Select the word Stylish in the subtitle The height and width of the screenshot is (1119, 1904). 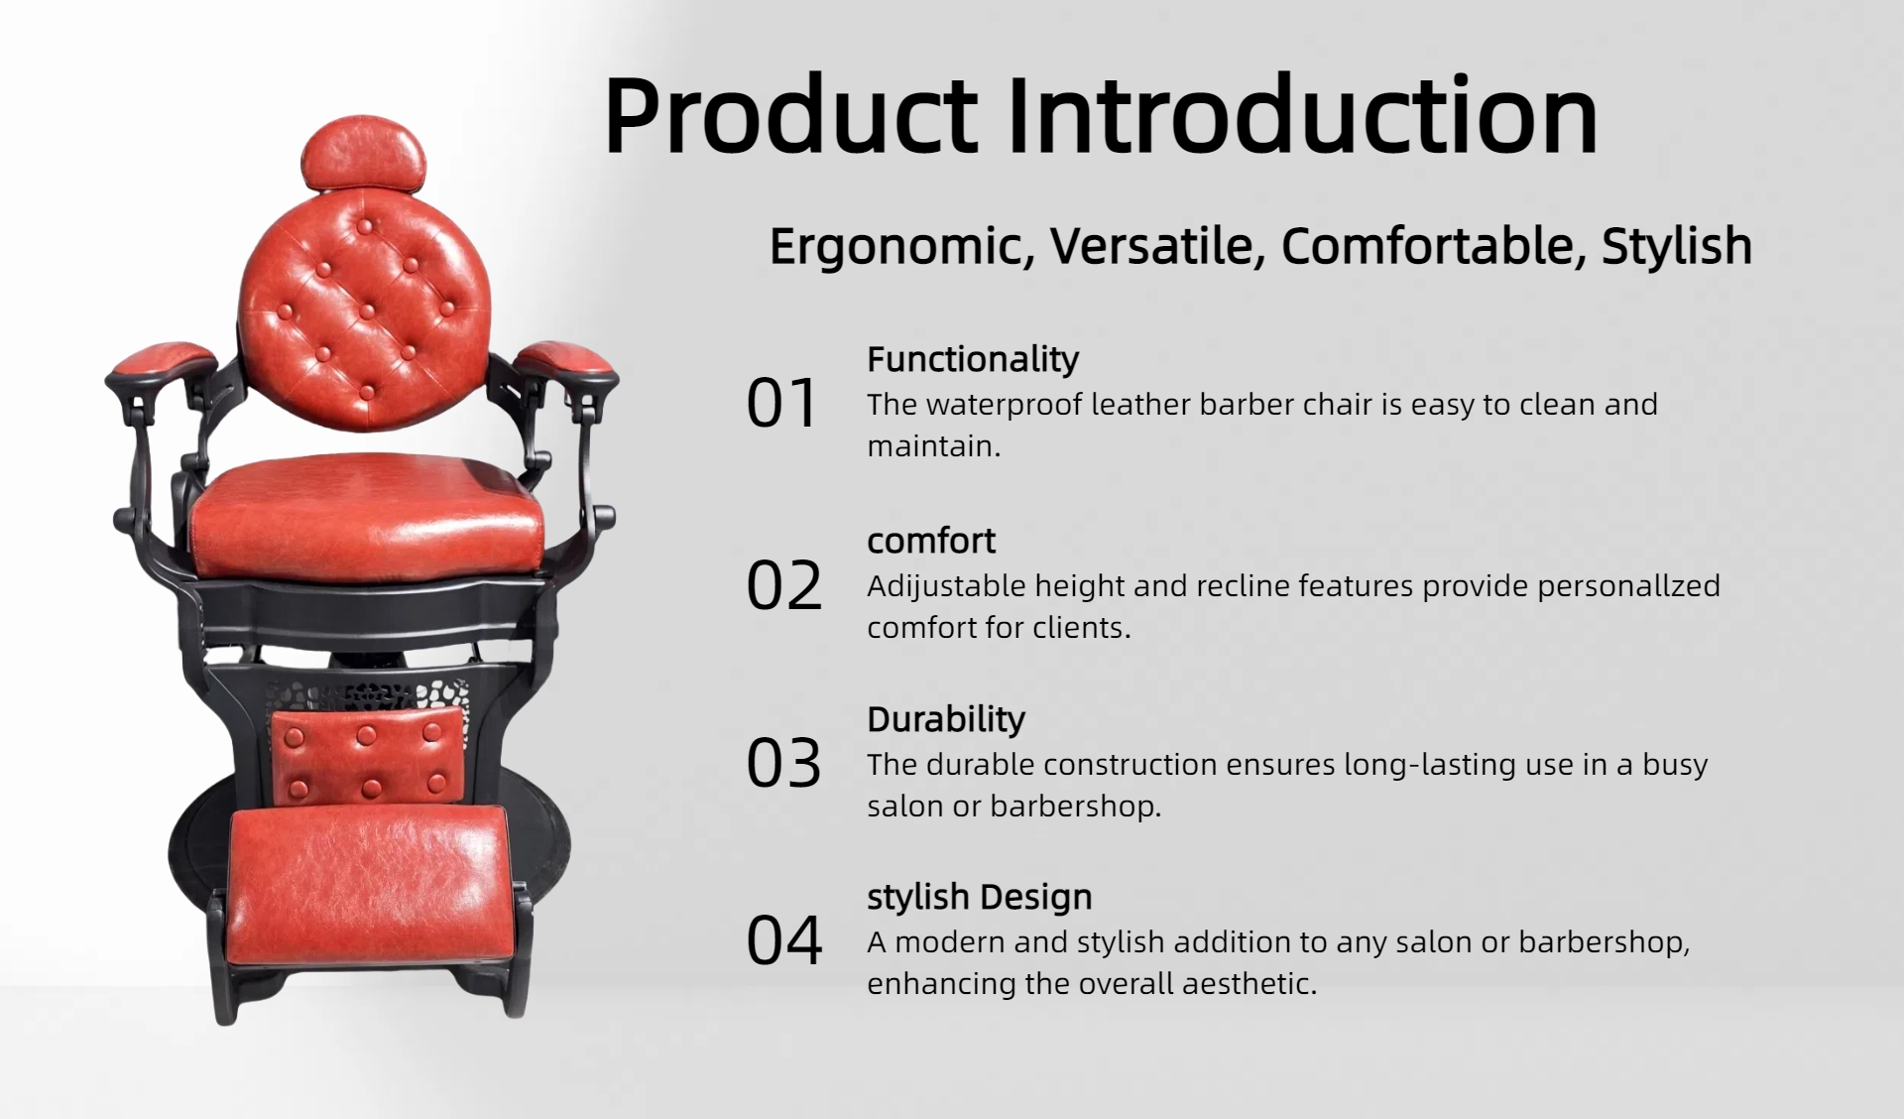click(1677, 246)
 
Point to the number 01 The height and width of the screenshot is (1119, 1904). click(782, 404)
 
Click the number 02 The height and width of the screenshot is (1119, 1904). click(784, 585)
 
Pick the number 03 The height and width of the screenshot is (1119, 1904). click(784, 764)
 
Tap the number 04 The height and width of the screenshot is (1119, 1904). click(784, 940)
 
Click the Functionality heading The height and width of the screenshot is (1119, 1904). click(973, 359)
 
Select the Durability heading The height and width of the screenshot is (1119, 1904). click(946, 719)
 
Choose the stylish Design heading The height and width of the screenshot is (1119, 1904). click(980, 897)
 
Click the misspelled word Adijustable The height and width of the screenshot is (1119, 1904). click(946, 587)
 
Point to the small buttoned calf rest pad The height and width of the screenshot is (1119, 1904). click(368, 756)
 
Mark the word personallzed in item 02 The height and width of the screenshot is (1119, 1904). click(1628, 587)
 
